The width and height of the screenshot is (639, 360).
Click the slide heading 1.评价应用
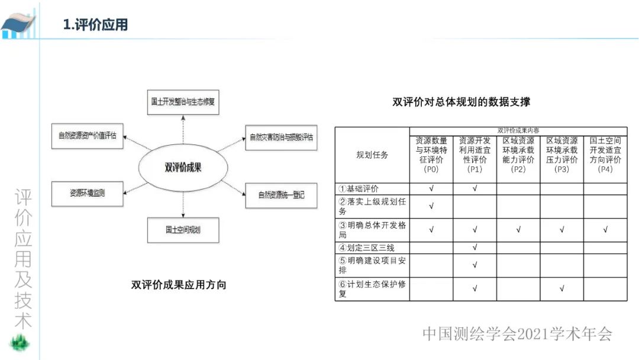click(95, 25)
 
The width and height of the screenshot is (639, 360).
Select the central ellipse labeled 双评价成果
click(183, 168)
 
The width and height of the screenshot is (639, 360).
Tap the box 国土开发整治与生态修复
click(182, 102)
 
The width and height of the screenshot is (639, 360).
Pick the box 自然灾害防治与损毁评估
click(281, 137)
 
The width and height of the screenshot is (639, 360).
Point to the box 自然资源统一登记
click(281, 194)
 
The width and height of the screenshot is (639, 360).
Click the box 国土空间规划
click(183, 230)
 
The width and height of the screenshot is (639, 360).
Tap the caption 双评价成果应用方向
click(179, 285)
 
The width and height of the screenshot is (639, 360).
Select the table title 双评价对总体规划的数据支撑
click(461, 102)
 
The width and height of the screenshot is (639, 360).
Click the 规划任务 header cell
click(372, 155)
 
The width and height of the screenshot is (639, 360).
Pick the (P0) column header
click(431, 169)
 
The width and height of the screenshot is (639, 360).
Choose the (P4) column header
click(605, 169)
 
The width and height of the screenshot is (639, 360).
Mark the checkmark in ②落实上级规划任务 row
click(431, 207)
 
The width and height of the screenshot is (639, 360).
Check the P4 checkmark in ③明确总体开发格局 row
click(605, 230)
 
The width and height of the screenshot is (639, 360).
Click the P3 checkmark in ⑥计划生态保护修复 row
click(561, 289)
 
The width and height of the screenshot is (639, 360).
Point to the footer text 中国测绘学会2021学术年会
click(517, 334)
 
